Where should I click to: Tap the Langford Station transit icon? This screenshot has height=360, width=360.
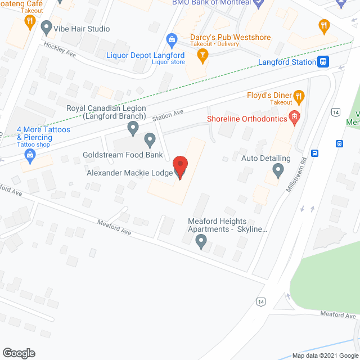click(323, 62)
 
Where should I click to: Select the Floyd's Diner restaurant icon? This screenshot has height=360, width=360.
click(299, 96)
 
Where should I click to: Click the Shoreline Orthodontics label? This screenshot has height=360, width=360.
click(247, 119)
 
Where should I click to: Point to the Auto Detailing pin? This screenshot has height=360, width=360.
click(278, 169)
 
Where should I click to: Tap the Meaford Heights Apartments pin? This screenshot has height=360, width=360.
click(201, 242)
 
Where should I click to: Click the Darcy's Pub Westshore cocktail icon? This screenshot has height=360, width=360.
click(202, 55)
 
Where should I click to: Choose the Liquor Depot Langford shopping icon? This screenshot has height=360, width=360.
click(172, 39)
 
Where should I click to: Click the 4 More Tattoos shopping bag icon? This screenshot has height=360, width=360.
click(30, 154)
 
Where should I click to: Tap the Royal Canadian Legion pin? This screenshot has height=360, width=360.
click(133, 129)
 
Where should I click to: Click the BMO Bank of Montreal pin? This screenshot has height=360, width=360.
click(259, 3)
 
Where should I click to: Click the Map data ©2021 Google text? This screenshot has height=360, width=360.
click(325, 355)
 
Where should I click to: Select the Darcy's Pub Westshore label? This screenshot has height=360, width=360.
click(230, 38)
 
